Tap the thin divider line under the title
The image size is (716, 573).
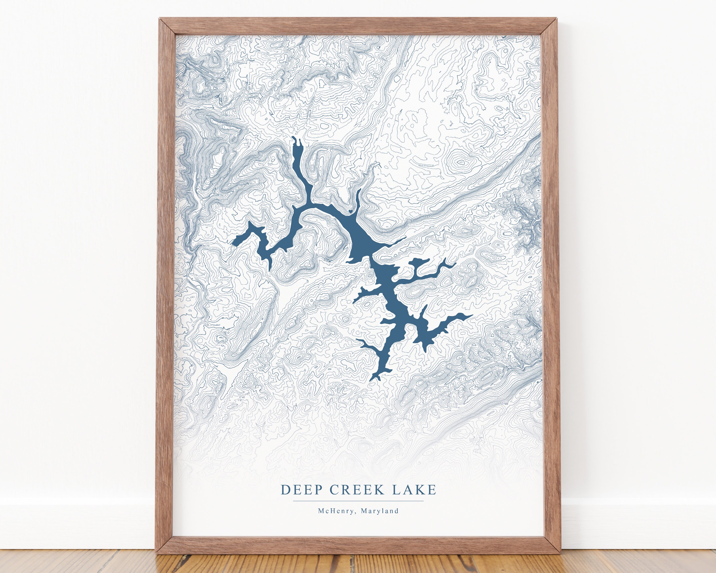[x=358, y=501]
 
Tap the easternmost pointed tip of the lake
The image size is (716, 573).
[x=472, y=315]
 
